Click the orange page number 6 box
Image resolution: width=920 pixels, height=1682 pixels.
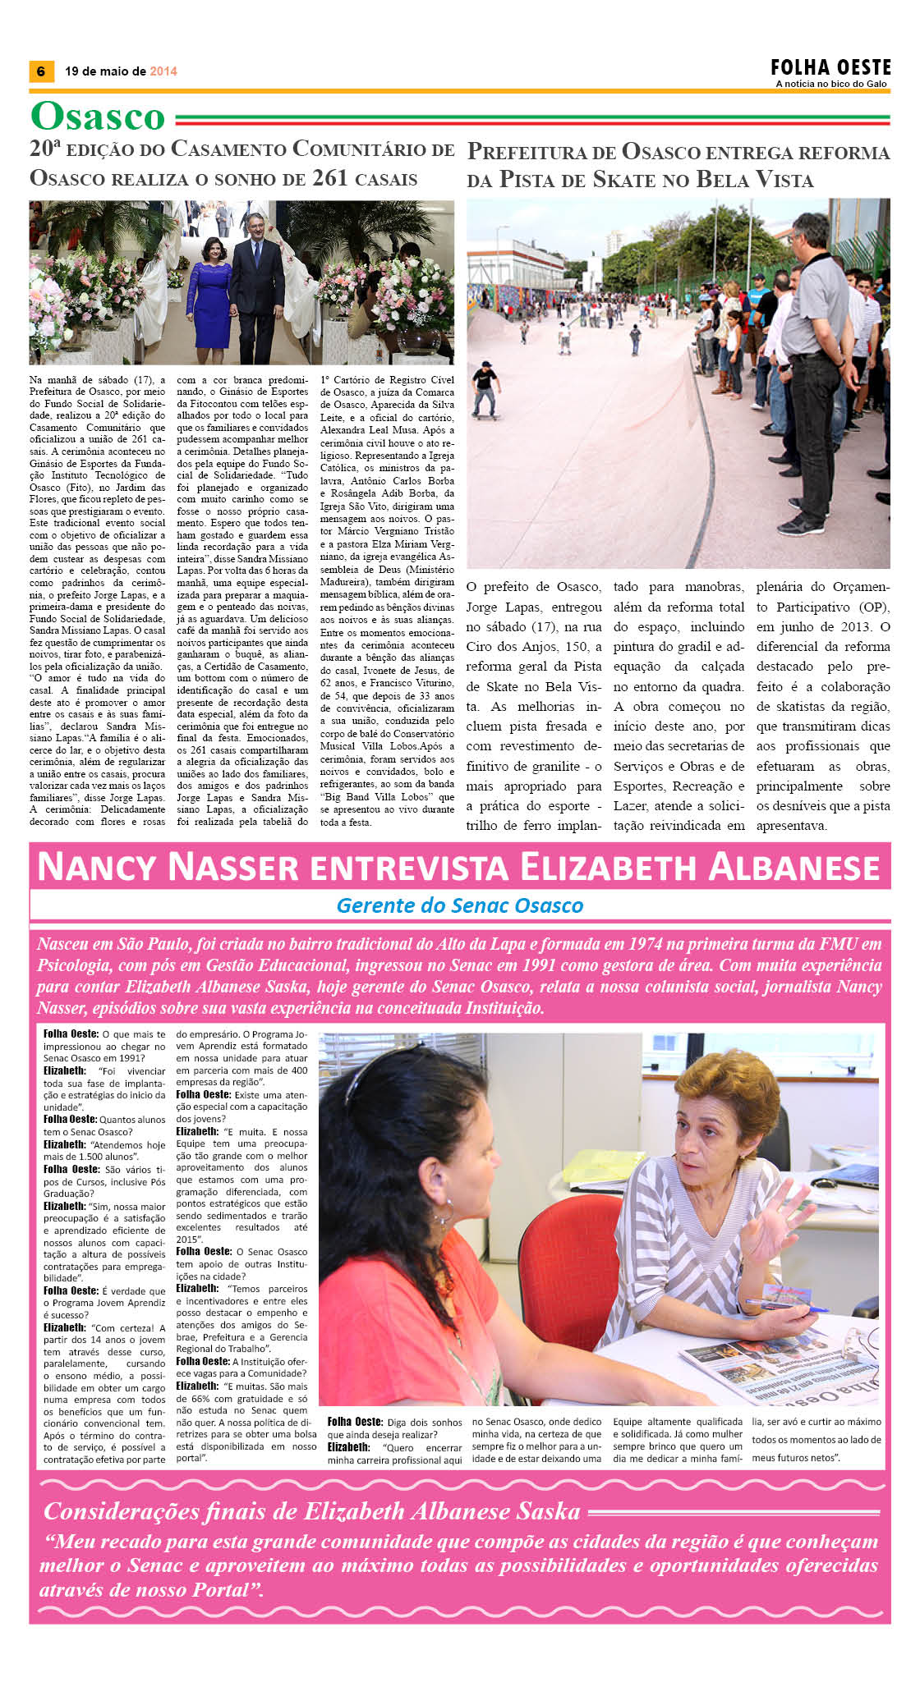click(40, 71)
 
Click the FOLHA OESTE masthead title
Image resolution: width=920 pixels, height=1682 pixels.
click(830, 67)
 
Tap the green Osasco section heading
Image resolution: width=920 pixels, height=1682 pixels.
click(98, 117)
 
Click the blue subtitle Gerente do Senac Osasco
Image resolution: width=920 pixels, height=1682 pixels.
click(459, 905)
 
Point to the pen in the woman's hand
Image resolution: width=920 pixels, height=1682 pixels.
click(789, 1302)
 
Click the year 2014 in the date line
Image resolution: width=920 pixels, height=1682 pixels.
click(163, 71)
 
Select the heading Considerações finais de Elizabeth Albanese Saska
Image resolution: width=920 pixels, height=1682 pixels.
click(312, 1511)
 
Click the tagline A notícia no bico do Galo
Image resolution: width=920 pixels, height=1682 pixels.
click(831, 84)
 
